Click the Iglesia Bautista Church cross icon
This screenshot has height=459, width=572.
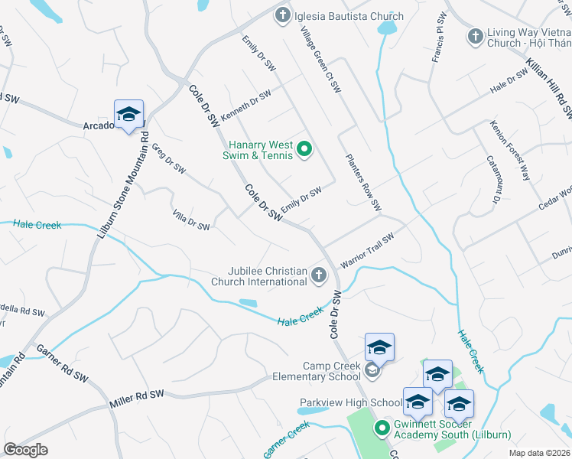click(283, 15)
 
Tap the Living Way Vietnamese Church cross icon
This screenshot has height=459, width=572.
click(475, 36)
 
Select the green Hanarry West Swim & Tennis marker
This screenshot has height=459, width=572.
click(304, 149)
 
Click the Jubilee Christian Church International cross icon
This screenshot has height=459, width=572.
click(320, 275)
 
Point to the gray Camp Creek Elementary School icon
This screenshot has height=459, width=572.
click(372, 371)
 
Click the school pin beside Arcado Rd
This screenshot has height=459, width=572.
click(128, 116)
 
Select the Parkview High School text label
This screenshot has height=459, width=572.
click(353, 402)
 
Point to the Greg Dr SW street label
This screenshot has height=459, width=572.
click(169, 158)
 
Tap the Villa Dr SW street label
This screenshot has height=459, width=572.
click(191, 221)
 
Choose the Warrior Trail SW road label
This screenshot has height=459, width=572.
click(367, 250)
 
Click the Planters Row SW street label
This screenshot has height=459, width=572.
click(363, 184)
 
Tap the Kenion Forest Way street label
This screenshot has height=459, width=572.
click(510, 149)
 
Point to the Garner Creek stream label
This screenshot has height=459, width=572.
click(287, 440)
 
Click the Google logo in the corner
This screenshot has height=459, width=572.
click(25, 450)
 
